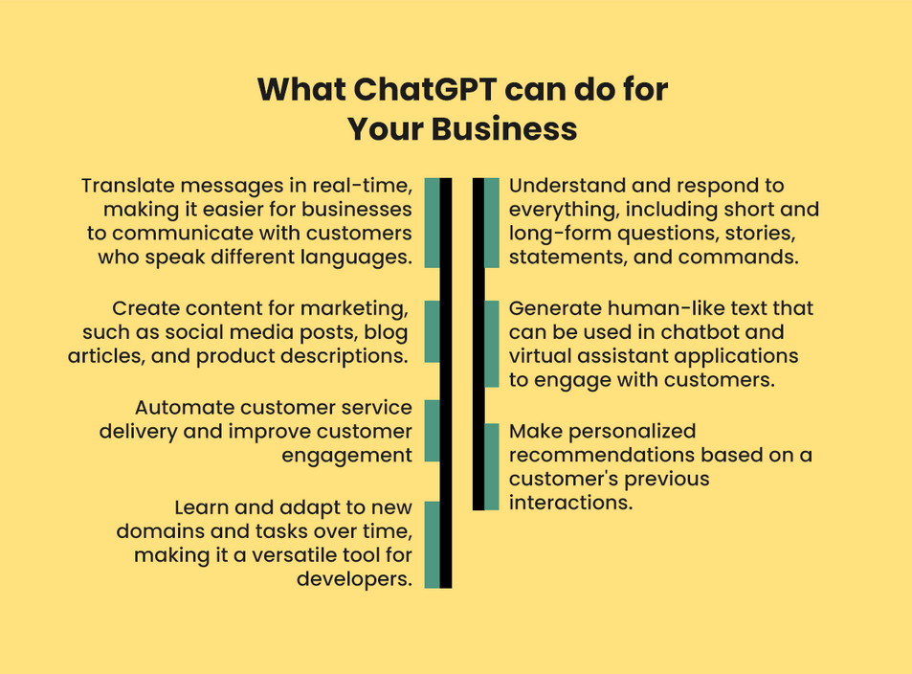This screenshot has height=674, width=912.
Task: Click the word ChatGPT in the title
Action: point(425,90)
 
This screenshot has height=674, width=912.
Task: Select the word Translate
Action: point(128,186)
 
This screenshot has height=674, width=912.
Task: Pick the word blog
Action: point(387,332)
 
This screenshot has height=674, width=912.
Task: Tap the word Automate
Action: point(185,408)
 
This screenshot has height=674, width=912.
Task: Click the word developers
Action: point(354,580)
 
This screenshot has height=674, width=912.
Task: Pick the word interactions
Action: point(570,503)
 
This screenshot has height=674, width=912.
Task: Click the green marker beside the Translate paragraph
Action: point(433,223)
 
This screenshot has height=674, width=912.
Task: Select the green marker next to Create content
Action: point(433,332)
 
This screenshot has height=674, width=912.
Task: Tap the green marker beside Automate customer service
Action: point(433,431)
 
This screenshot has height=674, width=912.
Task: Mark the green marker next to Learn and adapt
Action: point(433,545)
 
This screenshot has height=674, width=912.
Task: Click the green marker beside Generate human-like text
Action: point(492,344)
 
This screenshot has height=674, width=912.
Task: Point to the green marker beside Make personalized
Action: point(492,467)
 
